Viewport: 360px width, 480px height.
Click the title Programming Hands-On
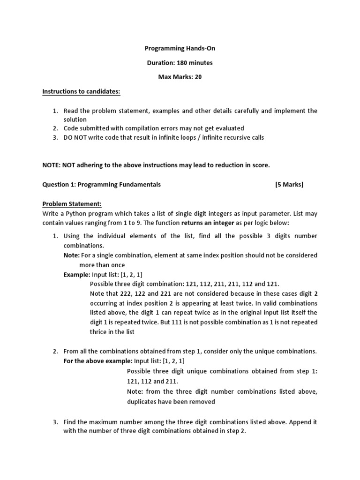(180, 48)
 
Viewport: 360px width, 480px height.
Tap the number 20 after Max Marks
(198, 77)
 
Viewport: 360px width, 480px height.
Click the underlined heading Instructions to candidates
(82, 91)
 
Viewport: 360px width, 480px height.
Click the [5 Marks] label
(289, 184)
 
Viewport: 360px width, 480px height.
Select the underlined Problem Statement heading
(72, 204)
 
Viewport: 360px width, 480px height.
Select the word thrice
(99, 331)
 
